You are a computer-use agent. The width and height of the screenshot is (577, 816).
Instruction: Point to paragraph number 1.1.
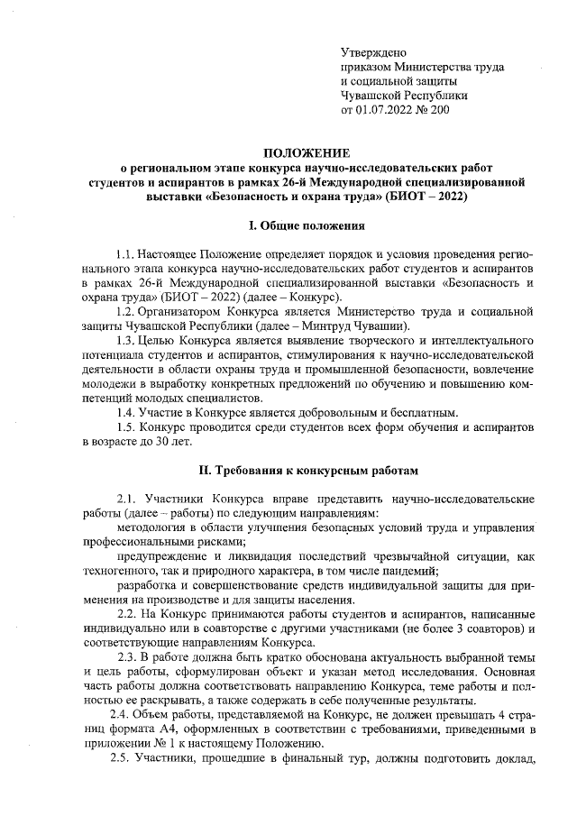pos(126,255)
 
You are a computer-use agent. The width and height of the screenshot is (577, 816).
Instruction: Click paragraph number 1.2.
pos(126,311)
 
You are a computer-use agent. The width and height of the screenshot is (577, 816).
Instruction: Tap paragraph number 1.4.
pos(126,412)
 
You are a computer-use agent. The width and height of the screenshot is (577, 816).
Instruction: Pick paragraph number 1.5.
pos(126,427)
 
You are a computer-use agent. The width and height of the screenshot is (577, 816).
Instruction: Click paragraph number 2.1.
pos(126,499)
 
